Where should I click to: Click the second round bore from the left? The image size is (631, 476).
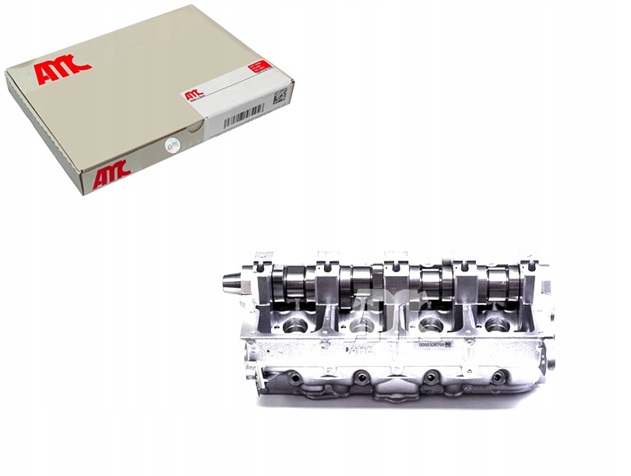point(361,325)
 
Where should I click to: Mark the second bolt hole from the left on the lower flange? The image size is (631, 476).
point(360,380)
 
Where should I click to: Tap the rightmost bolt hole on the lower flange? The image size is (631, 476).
point(495,378)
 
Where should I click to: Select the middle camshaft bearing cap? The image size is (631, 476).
point(397,269)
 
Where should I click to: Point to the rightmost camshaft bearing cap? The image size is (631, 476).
point(531,269)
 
